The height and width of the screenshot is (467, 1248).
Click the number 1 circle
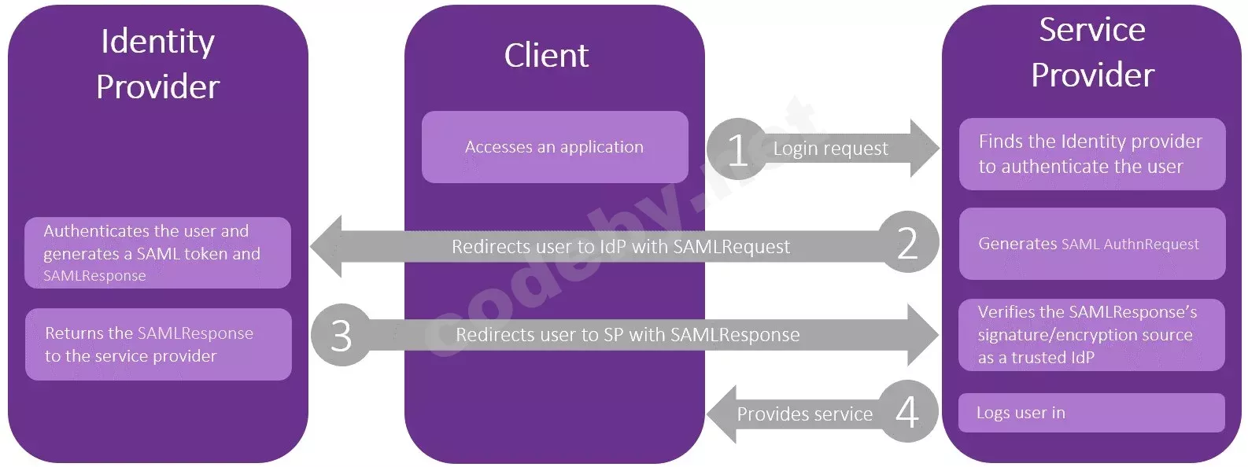(x=737, y=149)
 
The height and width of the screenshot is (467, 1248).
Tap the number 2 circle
(x=908, y=242)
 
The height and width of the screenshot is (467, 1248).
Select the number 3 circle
(x=342, y=334)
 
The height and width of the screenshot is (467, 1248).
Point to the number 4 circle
(x=907, y=411)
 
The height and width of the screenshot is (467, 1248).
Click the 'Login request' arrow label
(x=830, y=149)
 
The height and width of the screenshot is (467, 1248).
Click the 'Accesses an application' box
(x=555, y=147)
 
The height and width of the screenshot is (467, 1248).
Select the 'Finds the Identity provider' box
(x=1092, y=153)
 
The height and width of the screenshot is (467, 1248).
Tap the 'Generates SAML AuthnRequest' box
(x=1092, y=244)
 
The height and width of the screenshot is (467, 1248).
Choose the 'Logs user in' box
(x=1091, y=413)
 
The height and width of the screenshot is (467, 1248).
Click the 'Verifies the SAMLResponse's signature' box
(x=1091, y=334)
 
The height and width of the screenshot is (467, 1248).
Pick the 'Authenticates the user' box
(x=157, y=252)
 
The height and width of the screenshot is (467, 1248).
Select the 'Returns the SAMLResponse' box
(x=158, y=344)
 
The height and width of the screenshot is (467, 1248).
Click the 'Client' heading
(x=546, y=55)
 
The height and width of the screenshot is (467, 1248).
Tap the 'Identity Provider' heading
(x=157, y=64)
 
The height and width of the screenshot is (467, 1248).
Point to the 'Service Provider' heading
(x=1092, y=53)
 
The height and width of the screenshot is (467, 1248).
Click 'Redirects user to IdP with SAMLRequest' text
(x=621, y=247)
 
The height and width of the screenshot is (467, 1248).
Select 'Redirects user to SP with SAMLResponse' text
(x=627, y=334)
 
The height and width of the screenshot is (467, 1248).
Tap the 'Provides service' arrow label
(x=804, y=414)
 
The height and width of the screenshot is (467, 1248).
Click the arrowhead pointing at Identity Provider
(x=325, y=246)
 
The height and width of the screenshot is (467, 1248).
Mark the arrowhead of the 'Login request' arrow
(x=925, y=148)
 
